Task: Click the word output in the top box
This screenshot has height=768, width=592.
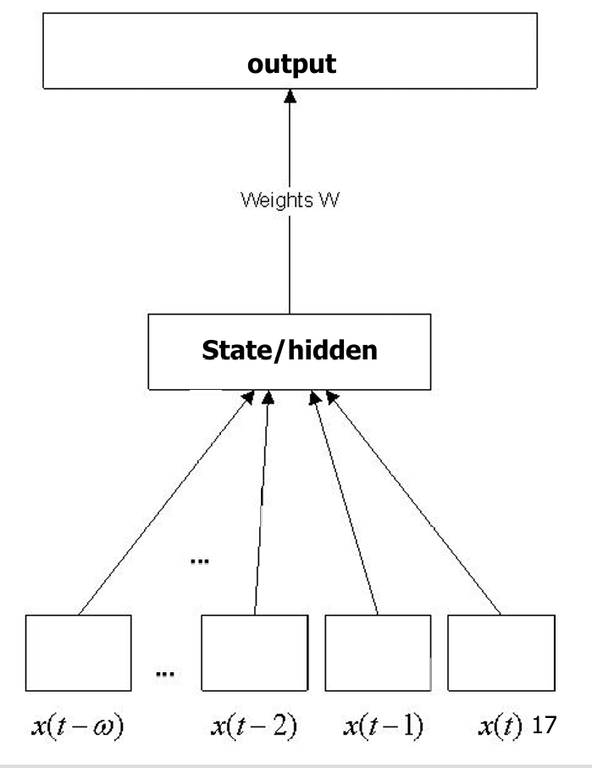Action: click(x=290, y=64)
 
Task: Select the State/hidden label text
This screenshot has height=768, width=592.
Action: click(x=290, y=350)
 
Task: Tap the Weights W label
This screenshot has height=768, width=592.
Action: click(x=290, y=201)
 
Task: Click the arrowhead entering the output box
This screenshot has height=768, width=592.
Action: click(x=290, y=97)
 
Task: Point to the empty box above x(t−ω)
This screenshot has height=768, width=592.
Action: click(x=79, y=653)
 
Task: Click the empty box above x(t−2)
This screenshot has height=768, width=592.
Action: click(x=254, y=653)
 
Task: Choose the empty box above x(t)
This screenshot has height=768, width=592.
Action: click(x=501, y=653)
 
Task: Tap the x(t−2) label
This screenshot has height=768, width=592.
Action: click(x=254, y=727)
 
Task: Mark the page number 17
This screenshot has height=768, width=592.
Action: click(x=540, y=727)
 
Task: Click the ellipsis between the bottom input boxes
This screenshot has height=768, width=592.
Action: click(x=165, y=674)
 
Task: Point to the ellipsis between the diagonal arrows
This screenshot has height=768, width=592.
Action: click(x=200, y=562)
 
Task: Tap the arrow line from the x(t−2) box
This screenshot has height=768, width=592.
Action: click(x=261, y=504)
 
